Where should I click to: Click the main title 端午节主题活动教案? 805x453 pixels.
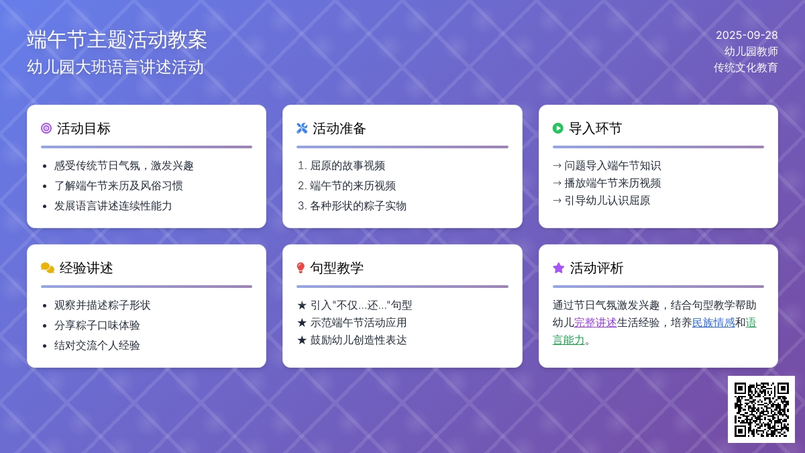click(117, 40)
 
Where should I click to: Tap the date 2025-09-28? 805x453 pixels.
click(747, 35)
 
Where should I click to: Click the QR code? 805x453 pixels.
click(761, 409)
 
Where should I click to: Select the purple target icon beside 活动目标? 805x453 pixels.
click(46, 128)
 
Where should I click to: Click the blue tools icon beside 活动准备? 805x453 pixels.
click(302, 128)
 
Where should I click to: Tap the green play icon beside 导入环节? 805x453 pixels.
click(557, 128)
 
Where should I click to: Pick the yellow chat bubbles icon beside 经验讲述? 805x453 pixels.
click(48, 268)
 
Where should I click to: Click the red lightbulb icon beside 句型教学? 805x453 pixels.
click(301, 268)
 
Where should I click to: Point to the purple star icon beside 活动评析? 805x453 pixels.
click(558, 268)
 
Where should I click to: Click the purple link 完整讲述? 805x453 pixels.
click(595, 323)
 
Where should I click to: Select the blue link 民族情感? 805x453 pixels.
click(713, 323)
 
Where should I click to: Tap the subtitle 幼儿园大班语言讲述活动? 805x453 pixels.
click(115, 67)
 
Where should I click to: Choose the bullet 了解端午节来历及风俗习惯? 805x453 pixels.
click(119, 186)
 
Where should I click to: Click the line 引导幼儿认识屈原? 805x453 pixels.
click(602, 201)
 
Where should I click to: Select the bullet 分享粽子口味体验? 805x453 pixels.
click(97, 325)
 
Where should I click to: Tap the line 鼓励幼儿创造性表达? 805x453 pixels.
click(352, 340)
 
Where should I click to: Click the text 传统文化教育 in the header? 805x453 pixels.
click(746, 68)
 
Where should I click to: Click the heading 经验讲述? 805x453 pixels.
click(87, 268)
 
